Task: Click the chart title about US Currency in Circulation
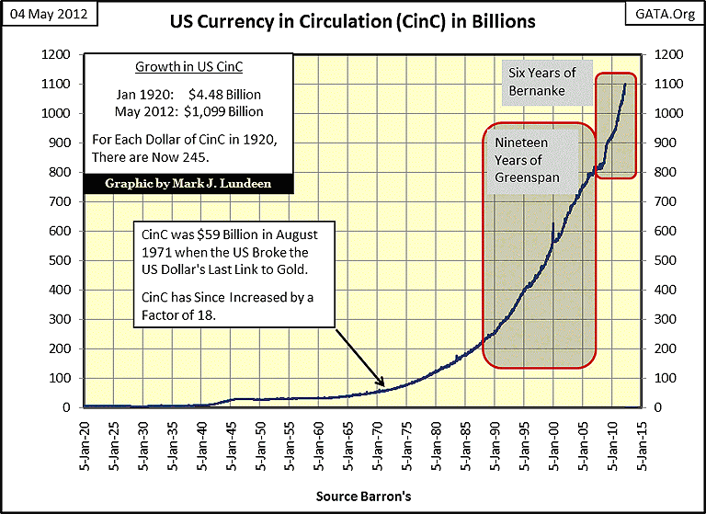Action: [x=352, y=21]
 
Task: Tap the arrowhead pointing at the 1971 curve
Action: [x=382, y=386]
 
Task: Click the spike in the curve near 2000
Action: [x=552, y=224]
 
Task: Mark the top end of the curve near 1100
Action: [x=625, y=85]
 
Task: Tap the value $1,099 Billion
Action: [x=231, y=111]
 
